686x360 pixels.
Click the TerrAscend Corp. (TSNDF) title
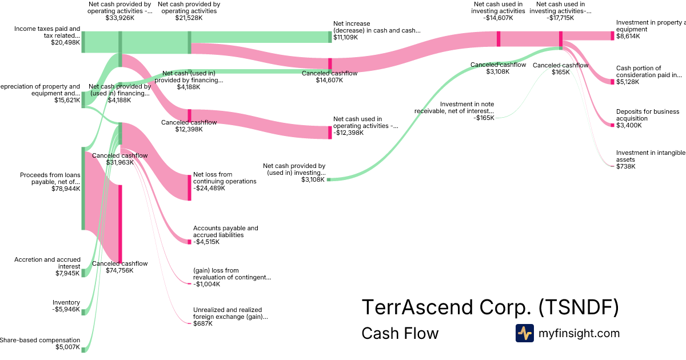(x=490, y=308)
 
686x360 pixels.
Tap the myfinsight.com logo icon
(x=524, y=333)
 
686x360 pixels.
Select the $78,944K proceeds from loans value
(x=65, y=189)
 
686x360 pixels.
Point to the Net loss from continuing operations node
(x=189, y=187)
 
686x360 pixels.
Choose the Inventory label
(x=66, y=303)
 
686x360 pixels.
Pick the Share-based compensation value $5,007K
(x=67, y=347)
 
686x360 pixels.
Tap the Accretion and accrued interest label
(x=47, y=263)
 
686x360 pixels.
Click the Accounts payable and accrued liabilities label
(x=225, y=231)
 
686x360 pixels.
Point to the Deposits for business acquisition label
(x=648, y=115)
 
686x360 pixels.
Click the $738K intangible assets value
(x=625, y=166)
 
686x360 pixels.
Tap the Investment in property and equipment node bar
(x=612, y=35)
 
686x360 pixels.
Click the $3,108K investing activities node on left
(x=329, y=179)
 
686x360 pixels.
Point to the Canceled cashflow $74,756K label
(x=120, y=267)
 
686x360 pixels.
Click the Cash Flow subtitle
(x=400, y=333)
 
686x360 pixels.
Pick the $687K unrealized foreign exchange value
(x=203, y=323)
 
